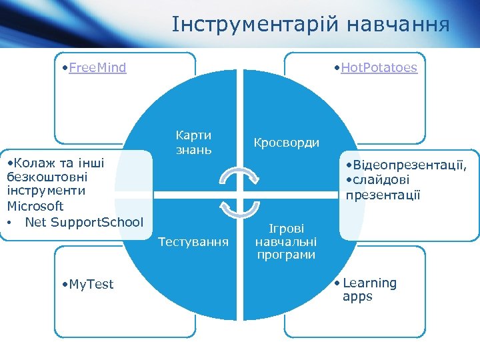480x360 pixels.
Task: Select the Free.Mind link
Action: pos(97,67)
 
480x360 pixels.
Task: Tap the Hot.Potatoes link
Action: pos(379,67)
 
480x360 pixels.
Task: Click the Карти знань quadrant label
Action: pos(193,142)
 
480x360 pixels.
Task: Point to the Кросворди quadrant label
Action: pos(286,143)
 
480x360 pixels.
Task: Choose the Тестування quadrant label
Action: pos(193,241)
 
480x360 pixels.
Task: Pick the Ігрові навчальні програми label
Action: pos(286,241)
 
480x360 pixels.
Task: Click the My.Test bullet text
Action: pos(91,284)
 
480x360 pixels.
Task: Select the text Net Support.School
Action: pos(84,221)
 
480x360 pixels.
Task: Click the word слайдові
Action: pos(382,180)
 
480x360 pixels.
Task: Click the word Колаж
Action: pos(33,162)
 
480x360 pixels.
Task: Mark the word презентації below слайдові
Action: pos(383,195)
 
